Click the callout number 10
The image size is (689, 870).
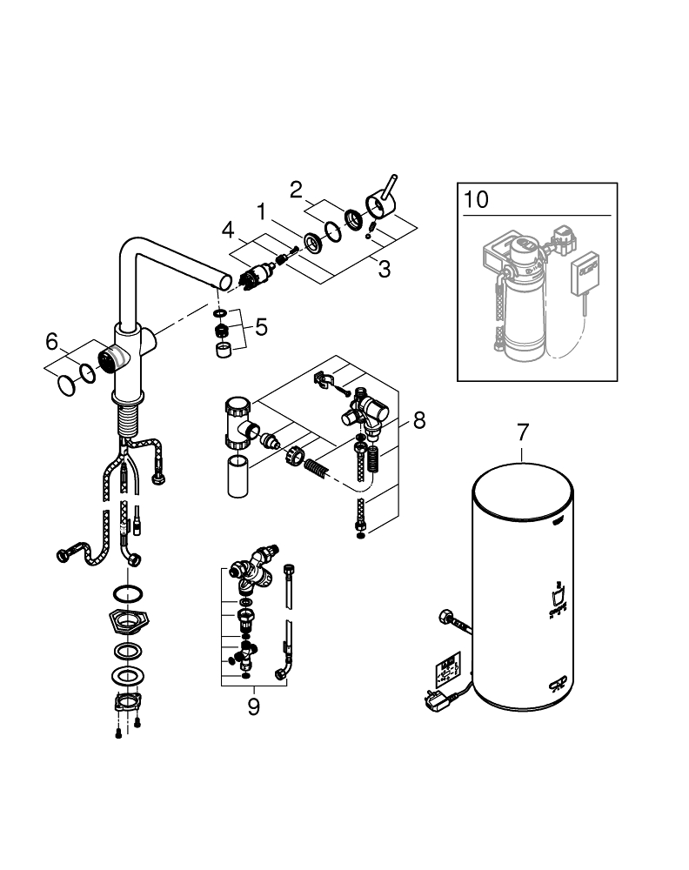(477, 199)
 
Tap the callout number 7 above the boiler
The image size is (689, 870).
(523, 432)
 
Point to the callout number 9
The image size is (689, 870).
(253, 706)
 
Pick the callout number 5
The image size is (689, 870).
(262, 329)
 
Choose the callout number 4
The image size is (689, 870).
(228, 231)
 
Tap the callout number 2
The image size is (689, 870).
(296, 189)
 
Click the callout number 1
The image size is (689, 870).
(259, 211)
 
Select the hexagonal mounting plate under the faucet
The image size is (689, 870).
(127, 622)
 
